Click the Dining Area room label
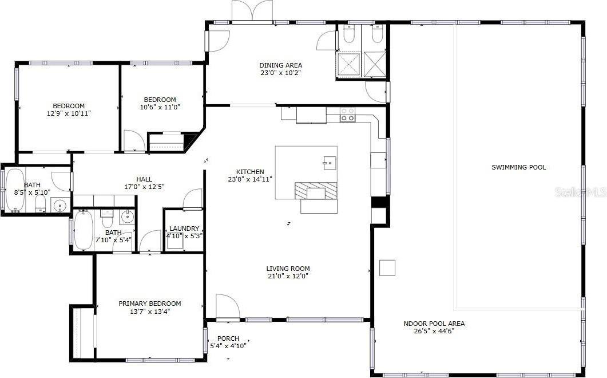click(280, 65)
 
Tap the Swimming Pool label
click(519, 167)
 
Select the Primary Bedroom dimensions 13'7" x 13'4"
click(149, 312)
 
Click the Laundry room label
click(184, 229)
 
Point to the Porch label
click(228, 338)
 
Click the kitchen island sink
click(328, 163)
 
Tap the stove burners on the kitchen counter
click(347, 115)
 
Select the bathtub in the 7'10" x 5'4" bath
click(84, 230)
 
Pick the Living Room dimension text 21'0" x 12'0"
click(288, 276)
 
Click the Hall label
click(144, 179)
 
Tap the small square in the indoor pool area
click(387, 267)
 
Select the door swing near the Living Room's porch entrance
click(226, 306)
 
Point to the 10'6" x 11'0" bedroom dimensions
click(160, 107)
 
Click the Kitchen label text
click(250, 172)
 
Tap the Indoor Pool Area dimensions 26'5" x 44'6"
click(434, 331)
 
